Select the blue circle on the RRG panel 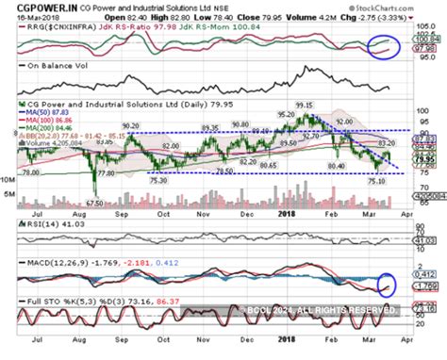click(387, 45)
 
